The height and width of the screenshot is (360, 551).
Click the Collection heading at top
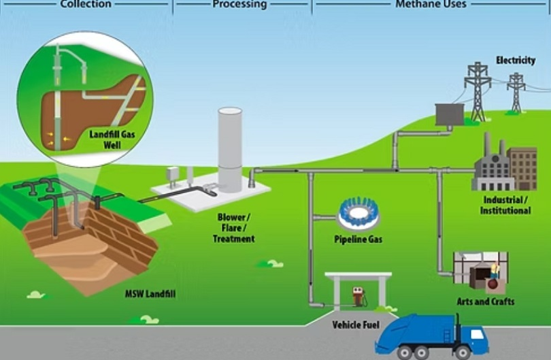coord(85,4)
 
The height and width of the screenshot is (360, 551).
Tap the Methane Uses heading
coord(431,4)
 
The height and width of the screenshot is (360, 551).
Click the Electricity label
coord(515,61)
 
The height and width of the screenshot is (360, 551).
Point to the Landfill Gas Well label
coord(112,140)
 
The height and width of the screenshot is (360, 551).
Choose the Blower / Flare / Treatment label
coord(233,228)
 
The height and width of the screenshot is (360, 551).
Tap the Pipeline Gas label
coord(358,240)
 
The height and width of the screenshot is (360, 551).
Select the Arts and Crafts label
coord(485,301)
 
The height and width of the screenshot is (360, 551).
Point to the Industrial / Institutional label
coord(507,206)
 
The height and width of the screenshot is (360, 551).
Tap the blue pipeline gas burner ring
coord(358,214)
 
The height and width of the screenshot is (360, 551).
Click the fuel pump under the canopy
coord(356,297)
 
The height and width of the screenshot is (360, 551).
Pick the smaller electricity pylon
coord(516,91)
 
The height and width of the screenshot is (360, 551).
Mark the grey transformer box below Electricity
coord(450,114)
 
